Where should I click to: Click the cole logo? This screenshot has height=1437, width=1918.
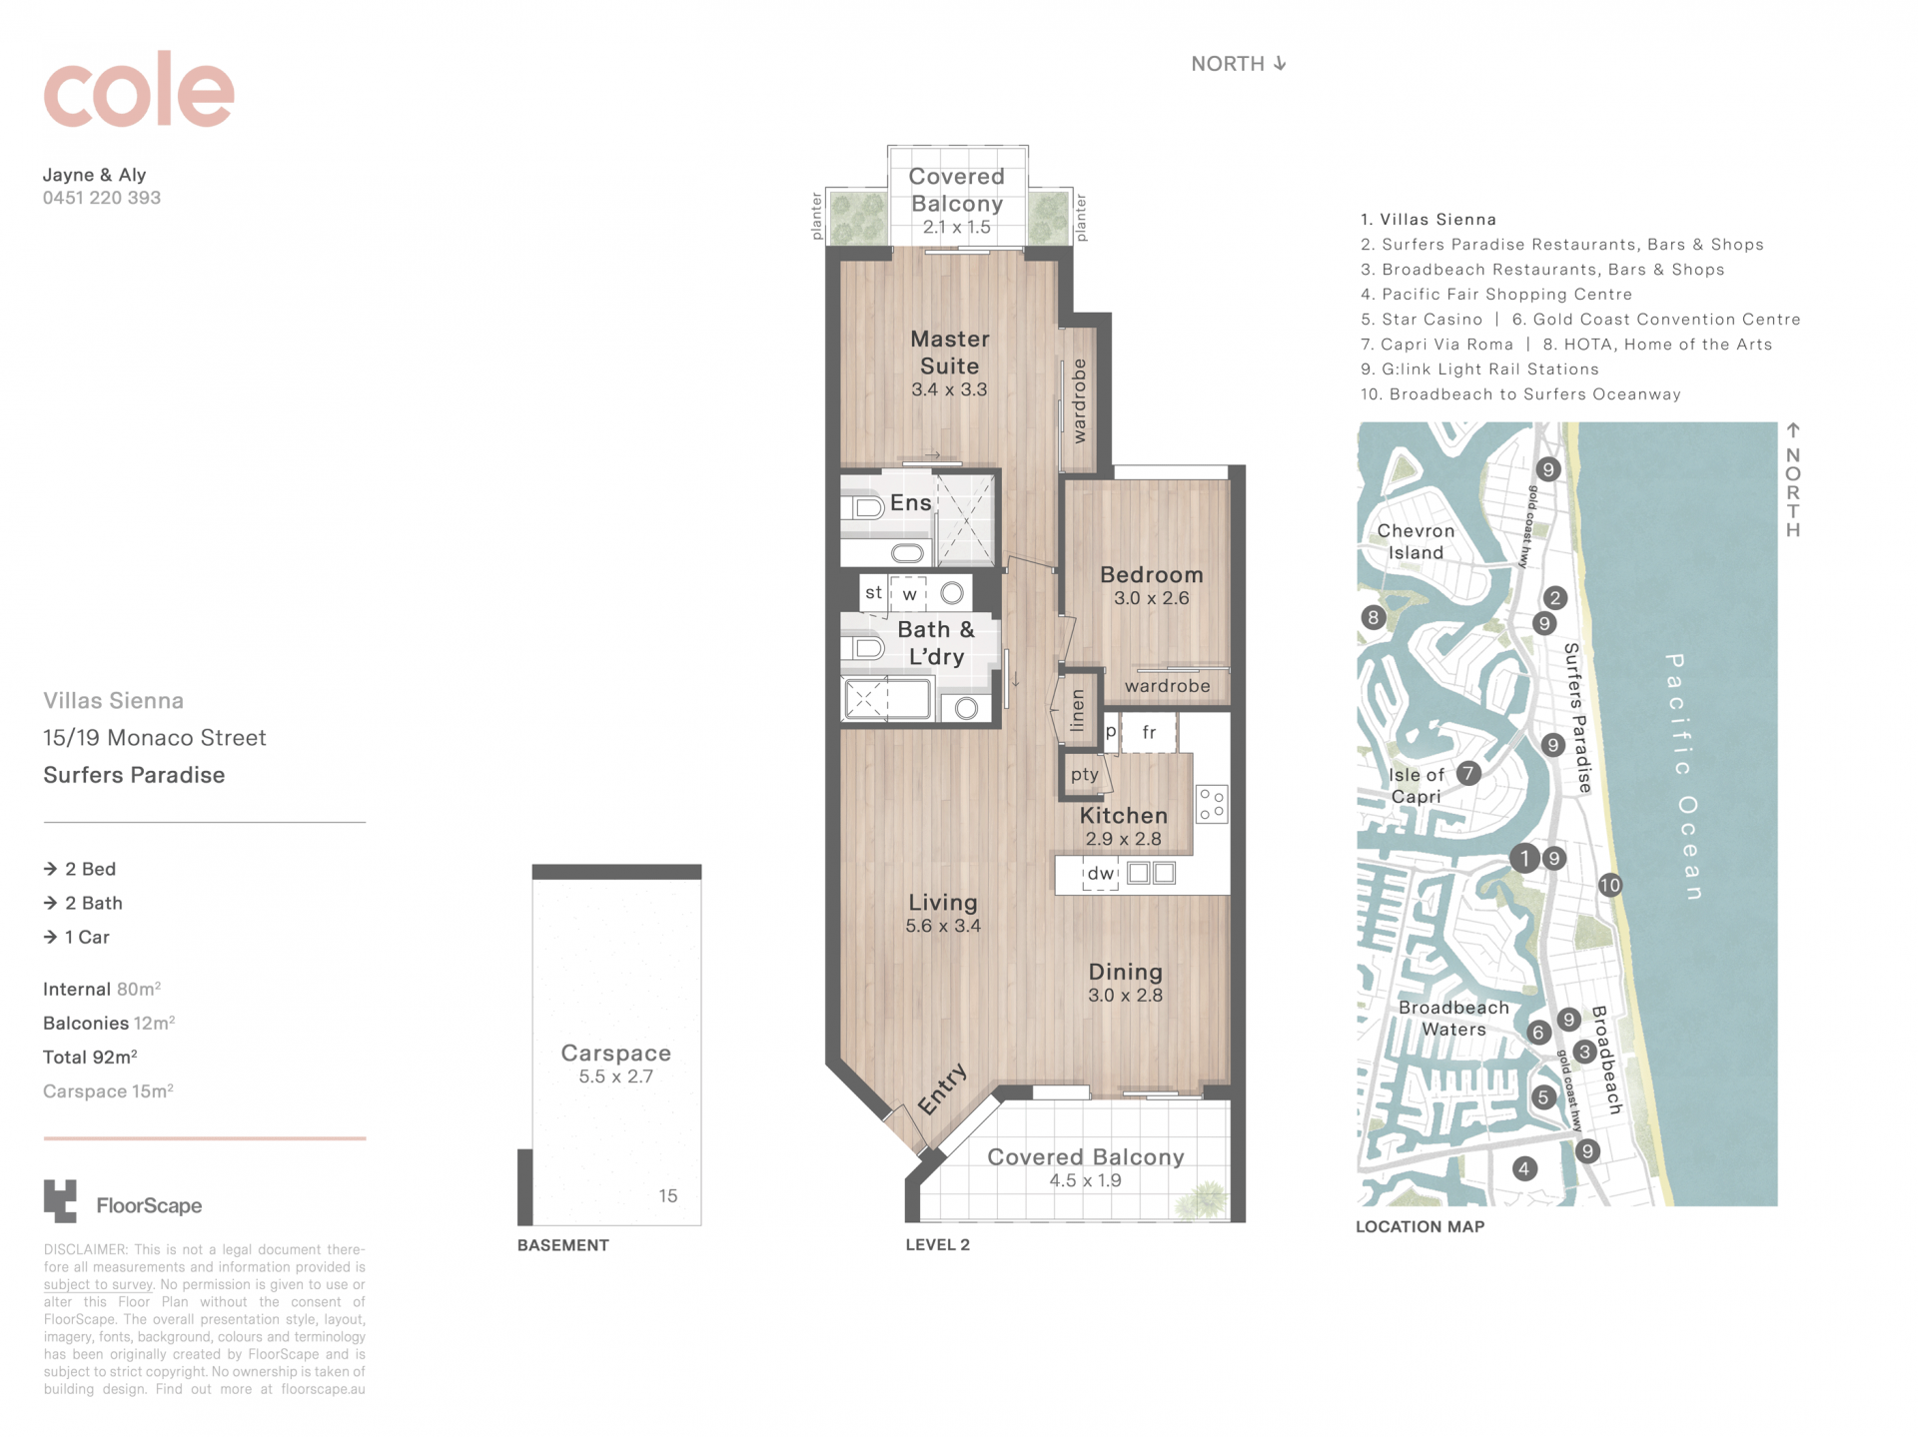(x=139, y=90)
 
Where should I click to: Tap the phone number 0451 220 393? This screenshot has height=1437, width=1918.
(x=102, y=198)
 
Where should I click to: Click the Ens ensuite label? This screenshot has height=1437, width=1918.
(x=911, y=502)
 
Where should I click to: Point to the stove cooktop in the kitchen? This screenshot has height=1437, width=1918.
(x=1212, y=804)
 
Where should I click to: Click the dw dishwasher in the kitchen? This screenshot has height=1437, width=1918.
(x=1101, y=874)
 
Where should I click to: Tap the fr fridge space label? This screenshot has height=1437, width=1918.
(x=1149, y=733)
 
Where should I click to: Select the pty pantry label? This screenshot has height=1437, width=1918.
(x=1085, y=774)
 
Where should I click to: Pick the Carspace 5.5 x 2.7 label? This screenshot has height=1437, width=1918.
(x=615, y=1064)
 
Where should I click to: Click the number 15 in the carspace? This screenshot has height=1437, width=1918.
(x=668, y=1195)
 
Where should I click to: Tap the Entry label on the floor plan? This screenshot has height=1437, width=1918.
(x=943, y=1088)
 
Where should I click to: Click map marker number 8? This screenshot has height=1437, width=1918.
(x=1374, y=617)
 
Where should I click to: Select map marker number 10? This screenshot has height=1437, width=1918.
(x=1609, y=885)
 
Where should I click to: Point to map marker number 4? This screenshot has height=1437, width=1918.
(x=1524, y=1168)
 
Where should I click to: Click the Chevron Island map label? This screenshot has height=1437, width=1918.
(x=1416, y=541)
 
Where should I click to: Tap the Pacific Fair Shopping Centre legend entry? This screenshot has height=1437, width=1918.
(x=1496, y=295)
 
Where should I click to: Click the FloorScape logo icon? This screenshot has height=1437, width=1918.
(x=60, y=1200)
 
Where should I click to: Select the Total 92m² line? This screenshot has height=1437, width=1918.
(x=90, y=1057)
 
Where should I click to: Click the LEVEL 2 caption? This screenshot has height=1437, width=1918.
(x=937, y=1244)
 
